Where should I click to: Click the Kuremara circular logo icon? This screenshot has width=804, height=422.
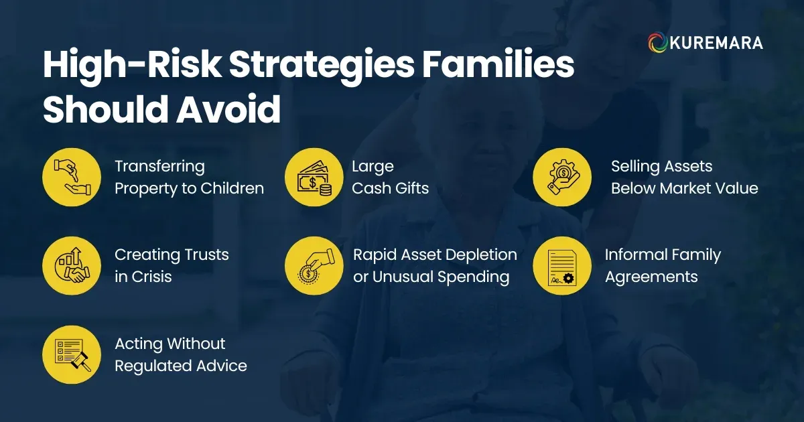pos(657,43)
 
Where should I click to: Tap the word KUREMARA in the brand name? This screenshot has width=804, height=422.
pos(715,44)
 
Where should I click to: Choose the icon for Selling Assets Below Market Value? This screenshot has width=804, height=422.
pos(561,177)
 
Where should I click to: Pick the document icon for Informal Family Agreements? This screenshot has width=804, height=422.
pos(561,266)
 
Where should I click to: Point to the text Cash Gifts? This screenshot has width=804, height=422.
pos(390,188)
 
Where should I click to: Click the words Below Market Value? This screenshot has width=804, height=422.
pos(684,188)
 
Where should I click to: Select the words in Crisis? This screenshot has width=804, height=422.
pos(143,277)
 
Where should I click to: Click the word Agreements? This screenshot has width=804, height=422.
pos(651,277)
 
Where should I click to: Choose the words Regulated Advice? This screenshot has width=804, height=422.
pos(180,366)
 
